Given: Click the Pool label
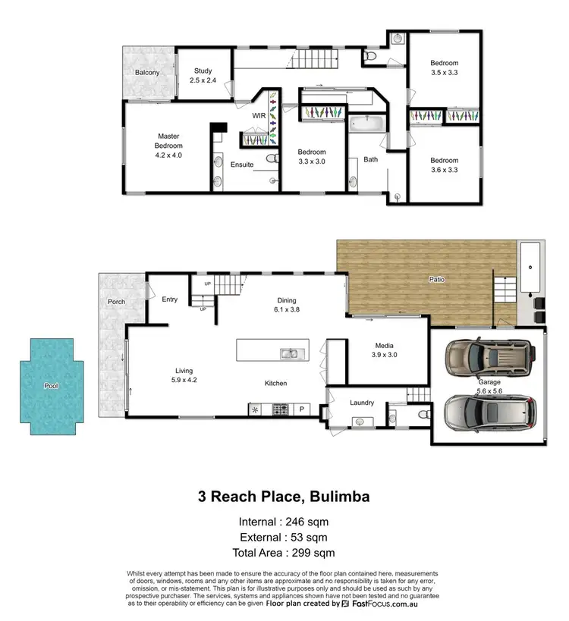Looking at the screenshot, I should click(51, 386).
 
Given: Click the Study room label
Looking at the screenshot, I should click(203, 76).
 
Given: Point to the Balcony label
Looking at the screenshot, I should click(147, 73).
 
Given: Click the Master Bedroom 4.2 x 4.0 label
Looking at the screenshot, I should click(168, 145).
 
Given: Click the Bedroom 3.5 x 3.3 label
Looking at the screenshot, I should click(445, 68).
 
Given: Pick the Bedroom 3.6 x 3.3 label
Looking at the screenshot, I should click(445, 165).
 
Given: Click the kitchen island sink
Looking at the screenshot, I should click(288, 353).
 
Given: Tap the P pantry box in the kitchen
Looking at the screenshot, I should click(301, 409).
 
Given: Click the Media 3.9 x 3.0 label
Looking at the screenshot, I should click(383, 349).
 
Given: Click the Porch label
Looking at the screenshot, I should click(116, 302).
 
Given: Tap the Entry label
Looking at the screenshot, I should click(169, 300).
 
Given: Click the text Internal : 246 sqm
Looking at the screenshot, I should click(284, 522).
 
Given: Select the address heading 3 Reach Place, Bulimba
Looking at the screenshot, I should click(284, 497).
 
